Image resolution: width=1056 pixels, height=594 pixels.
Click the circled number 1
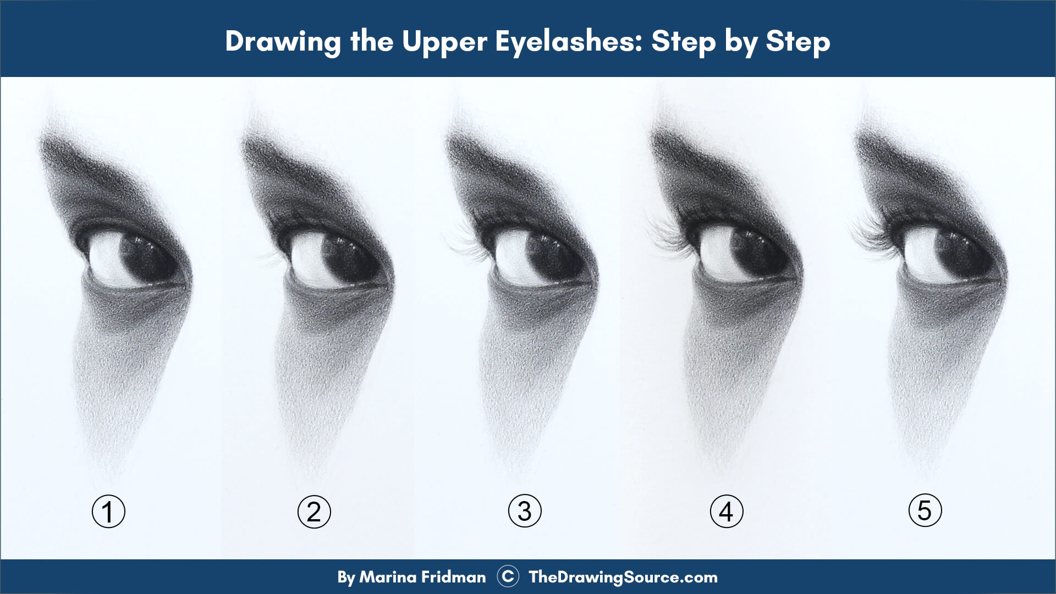108,512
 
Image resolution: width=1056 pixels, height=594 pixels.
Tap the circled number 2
314,512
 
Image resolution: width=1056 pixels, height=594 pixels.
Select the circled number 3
525,511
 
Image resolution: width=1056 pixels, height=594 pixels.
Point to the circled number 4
727,512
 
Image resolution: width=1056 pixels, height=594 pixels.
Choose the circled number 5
925,510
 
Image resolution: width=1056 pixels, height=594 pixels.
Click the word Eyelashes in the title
569,41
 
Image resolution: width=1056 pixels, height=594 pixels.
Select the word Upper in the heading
444,41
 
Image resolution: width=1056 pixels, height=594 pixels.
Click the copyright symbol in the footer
508,576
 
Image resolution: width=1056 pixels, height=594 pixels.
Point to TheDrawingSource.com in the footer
623,577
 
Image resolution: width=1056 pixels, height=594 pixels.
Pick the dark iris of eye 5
960,254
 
